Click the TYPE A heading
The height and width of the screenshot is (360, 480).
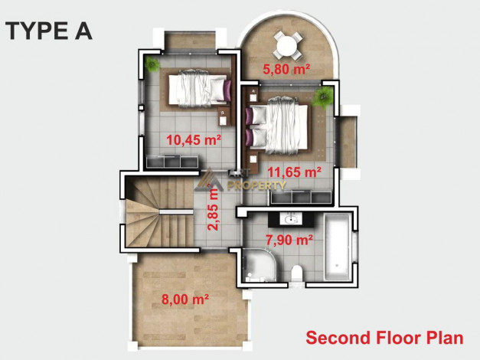[x=49, y=31]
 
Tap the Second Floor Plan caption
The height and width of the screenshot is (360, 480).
[x=384, y=338]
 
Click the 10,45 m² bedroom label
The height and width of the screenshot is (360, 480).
[x=194, y=140]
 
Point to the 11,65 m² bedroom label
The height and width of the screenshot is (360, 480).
[x=295, y=172]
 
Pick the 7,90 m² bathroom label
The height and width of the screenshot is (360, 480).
[x=289, y=240]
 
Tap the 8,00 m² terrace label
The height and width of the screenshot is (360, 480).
[x=185, y=299]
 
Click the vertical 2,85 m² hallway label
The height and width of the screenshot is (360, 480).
[x=214, y=207]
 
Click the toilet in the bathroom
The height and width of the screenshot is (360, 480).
[x=296, y=273]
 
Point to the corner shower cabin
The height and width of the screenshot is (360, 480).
[x=260, y=265]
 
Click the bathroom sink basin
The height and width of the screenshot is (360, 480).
[x=289, y=219]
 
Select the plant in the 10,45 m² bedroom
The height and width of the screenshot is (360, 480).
[x=152, y=64]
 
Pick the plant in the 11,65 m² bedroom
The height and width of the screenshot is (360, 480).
[x=323, y=97]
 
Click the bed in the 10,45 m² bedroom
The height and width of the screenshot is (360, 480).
[x=200, y=89]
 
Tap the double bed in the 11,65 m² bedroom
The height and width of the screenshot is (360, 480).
[x=276, y=126]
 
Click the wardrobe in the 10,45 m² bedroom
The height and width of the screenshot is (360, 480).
[x=172, y=162]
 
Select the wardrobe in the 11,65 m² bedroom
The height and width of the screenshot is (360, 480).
[x=301, y=197]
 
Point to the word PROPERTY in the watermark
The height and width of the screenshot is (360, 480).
[x=256, y=185]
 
